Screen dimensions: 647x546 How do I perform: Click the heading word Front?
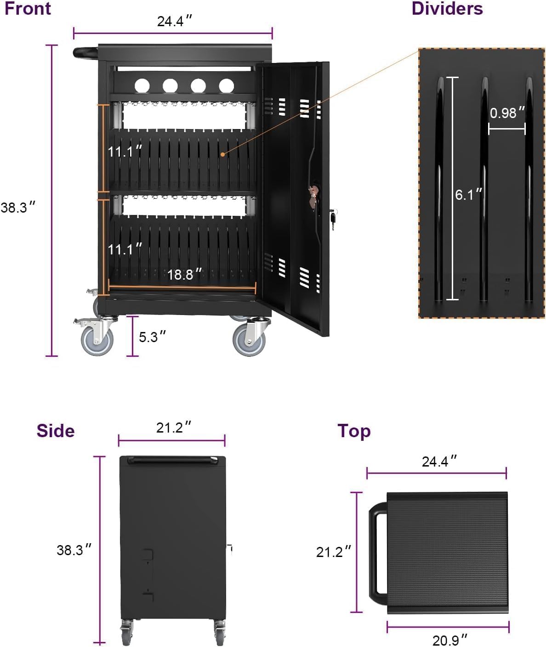[28, 9]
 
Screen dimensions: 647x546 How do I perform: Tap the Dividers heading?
[447, 9]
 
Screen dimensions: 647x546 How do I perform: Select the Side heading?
[56, 431]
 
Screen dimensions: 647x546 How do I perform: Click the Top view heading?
[354, 431]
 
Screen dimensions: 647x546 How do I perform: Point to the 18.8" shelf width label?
[184, 275]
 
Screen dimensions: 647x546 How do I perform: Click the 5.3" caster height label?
[152, 337]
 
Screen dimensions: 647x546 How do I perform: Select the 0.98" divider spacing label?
[507, 113]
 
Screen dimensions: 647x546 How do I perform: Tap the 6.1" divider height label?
[468, 195]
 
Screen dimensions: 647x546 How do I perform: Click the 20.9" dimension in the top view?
[449, 640]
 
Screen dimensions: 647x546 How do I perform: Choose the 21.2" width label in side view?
[173, 428]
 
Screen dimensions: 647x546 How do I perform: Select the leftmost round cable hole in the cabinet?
[142, 85]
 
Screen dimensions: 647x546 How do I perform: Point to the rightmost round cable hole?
[226, 85]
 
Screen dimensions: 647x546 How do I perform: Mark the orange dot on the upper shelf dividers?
[222, 154]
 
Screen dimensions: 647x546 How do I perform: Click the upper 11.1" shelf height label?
[125, 151]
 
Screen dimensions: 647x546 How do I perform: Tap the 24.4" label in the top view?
[439, 461]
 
